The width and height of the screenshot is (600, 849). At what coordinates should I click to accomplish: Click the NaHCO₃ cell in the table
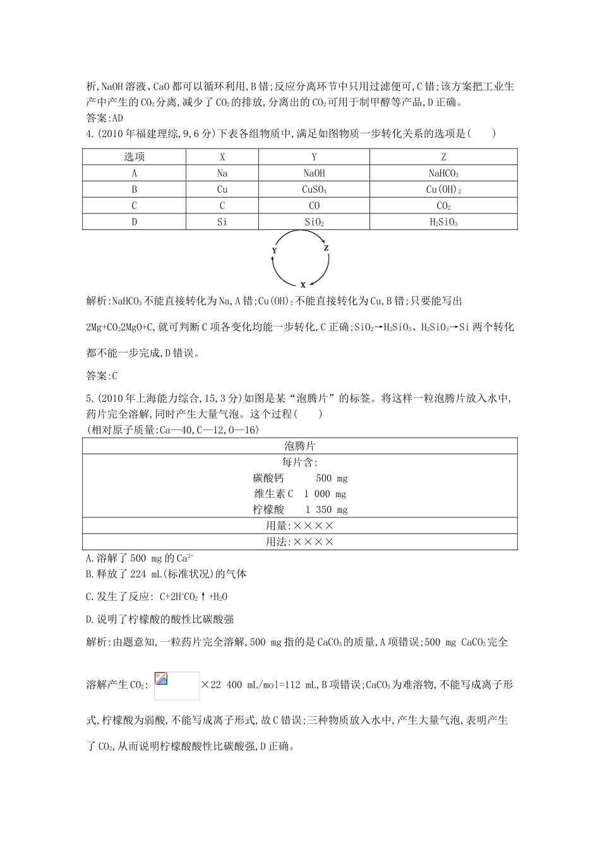[443, 173]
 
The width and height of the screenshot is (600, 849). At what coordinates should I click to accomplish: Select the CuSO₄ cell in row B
[314, 190]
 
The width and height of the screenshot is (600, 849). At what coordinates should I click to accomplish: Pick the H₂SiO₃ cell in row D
[443, 222]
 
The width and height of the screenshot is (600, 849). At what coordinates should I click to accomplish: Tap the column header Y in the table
[314, 157]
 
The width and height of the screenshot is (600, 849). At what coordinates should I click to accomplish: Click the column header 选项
[134, 157]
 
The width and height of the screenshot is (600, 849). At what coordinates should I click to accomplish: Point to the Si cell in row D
[222, 222]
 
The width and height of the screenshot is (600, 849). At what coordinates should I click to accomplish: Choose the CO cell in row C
[314, 206]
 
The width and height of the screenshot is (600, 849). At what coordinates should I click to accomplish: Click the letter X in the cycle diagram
[303, 285]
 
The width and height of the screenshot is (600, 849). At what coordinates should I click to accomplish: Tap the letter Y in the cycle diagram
[274, 251]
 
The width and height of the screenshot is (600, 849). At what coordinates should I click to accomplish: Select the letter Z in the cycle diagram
[327, 249]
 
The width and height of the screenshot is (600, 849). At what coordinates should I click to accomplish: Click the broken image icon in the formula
[161, 678]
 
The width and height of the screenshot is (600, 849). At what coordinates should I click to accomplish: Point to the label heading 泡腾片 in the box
[299, 445]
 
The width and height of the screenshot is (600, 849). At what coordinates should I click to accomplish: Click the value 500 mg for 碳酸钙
[332, 478]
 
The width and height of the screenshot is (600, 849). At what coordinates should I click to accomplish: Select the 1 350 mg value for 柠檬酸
[327, 510]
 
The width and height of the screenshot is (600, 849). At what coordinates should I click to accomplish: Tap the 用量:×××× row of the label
[299, 526]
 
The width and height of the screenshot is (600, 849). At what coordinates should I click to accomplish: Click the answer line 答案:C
[102, 376]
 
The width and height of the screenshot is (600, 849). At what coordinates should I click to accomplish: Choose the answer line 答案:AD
[104, 117]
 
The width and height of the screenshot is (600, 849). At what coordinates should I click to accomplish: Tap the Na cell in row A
[222, 173]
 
